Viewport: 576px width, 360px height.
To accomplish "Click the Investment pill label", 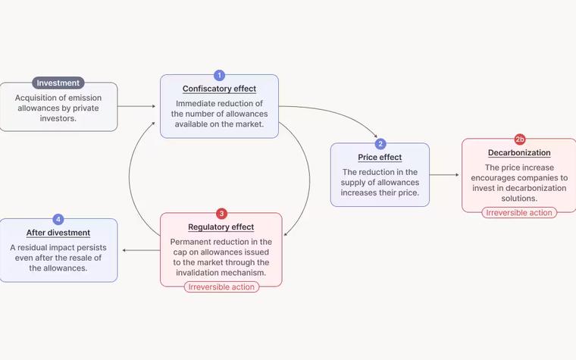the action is [x=58, y=83].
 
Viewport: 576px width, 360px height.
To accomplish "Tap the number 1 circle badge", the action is [x=219, y=75].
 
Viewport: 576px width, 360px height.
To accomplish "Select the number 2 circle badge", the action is [x=380, y=144].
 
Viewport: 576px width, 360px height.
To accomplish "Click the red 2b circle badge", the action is [x=520, y=139].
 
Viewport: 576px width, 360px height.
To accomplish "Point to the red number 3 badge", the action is [x=221, y=214].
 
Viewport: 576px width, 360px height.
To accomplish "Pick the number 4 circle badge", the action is [x=58, y=219].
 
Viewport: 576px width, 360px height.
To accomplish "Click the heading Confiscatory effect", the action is [x=219, y=89].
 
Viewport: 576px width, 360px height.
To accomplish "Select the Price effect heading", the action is [x=380, y=157].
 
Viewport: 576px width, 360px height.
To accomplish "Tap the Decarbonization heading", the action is [x=519, y=153].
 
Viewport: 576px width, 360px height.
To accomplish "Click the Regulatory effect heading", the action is [x=221, y=227].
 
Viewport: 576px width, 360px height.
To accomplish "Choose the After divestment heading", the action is [x=58, y=233].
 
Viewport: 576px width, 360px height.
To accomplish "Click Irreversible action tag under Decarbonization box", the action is [x=519, y=213].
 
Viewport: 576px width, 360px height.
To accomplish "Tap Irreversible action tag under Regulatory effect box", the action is [x=221, y=287].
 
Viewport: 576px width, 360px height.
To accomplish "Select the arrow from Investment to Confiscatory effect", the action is [x=136, y=107].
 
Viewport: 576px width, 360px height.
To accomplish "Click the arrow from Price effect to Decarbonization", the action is [x=444, y=175].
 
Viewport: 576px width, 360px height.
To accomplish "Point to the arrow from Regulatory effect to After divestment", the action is [x=141, y=250].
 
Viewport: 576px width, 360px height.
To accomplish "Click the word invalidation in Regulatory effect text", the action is [x=197, y=273].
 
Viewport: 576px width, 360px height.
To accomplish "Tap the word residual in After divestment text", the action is [x=33, y=248].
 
